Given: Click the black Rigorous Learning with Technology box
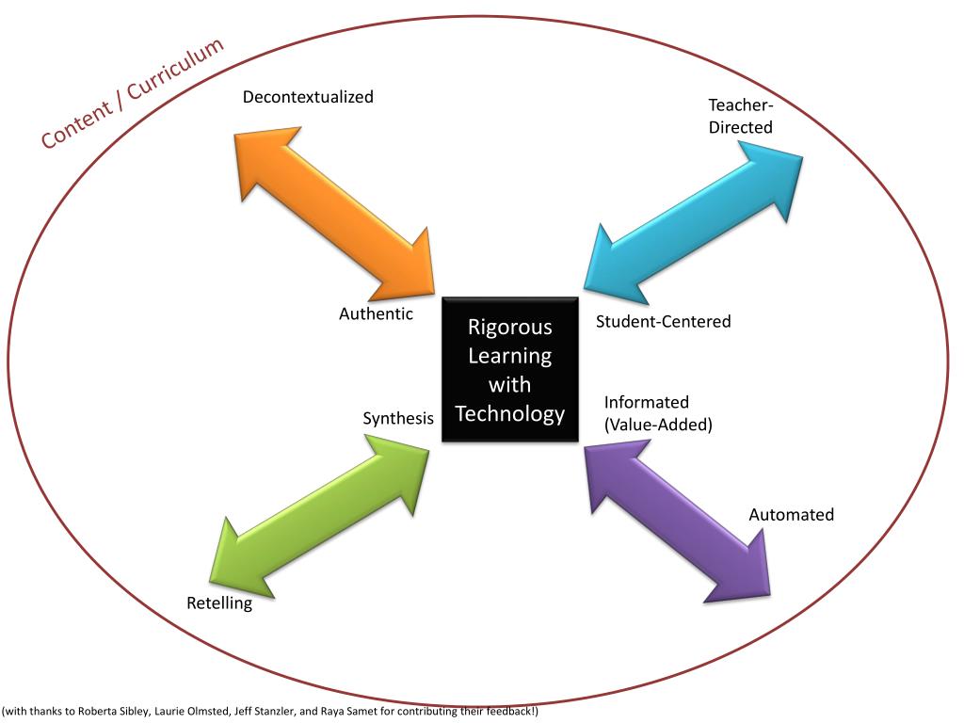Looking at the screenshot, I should pyautogui.click(x=510, y=370).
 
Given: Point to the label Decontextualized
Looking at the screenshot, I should pyautogui.click(x=308, y=97).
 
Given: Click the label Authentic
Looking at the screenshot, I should pyautogui.click(x=376, y=314).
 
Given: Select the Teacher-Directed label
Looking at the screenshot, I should pyautogui.click(x=741, y=116).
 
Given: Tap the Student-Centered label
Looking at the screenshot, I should pyautogui.click(x=663, y=322).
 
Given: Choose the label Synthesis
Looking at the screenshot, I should pyautogui.click(x=398, y=418).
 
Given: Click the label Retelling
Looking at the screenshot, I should pyautogui.click(x=219, y=603).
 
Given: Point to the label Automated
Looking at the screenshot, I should pyautogui.click(x=791, y=515).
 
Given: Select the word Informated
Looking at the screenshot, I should pyautogui.click(x=647, y=403).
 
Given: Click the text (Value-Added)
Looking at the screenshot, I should pyautogui.click(x=658, y=425).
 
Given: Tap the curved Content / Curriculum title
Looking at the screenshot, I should pyautogui.click(x=132, y=93).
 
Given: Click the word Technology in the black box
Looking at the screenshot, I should pyautogui.click(x=510, y=414).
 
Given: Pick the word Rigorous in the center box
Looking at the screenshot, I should pyautogui.click(x=510, y=328).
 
